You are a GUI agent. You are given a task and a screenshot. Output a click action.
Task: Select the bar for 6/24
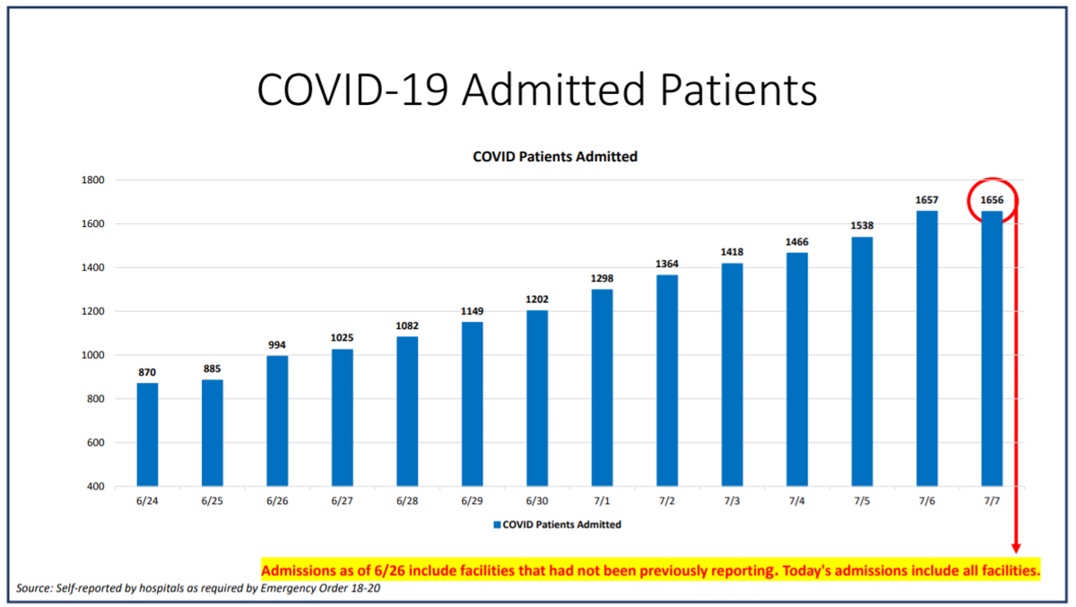click(147, 435)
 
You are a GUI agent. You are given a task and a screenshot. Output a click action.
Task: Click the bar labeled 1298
click(602, 388)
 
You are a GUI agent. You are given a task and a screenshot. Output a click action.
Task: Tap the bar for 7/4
click(797, 369)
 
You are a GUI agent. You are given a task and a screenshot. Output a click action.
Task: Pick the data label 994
click(277, 345)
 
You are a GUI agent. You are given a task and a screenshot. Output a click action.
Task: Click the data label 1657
click(926, 200)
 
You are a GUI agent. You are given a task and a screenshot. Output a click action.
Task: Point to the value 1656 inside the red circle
click(992, 200)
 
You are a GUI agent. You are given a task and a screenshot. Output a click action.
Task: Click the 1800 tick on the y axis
click(92, 180)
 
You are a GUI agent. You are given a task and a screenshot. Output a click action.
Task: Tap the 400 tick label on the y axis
click(96, 487)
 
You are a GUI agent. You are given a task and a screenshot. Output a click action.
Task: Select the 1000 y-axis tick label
click(92, 355)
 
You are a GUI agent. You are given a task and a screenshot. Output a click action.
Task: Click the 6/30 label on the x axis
click(536, 501)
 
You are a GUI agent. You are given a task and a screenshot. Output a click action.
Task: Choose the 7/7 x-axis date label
click(992, 501)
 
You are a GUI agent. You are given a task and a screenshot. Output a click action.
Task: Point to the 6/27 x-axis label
click(342, 501)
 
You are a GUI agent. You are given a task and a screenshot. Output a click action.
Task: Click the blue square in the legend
click(497, 525)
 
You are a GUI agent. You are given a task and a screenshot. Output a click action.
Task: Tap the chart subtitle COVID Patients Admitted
click(555, 157)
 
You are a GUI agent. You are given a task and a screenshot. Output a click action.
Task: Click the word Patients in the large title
click(738, 90)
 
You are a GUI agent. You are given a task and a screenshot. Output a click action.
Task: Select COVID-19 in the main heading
click(353, 90)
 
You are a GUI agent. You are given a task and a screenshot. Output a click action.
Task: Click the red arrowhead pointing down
click(1016, 549)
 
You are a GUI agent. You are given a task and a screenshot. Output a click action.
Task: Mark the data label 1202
click(537, 299)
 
